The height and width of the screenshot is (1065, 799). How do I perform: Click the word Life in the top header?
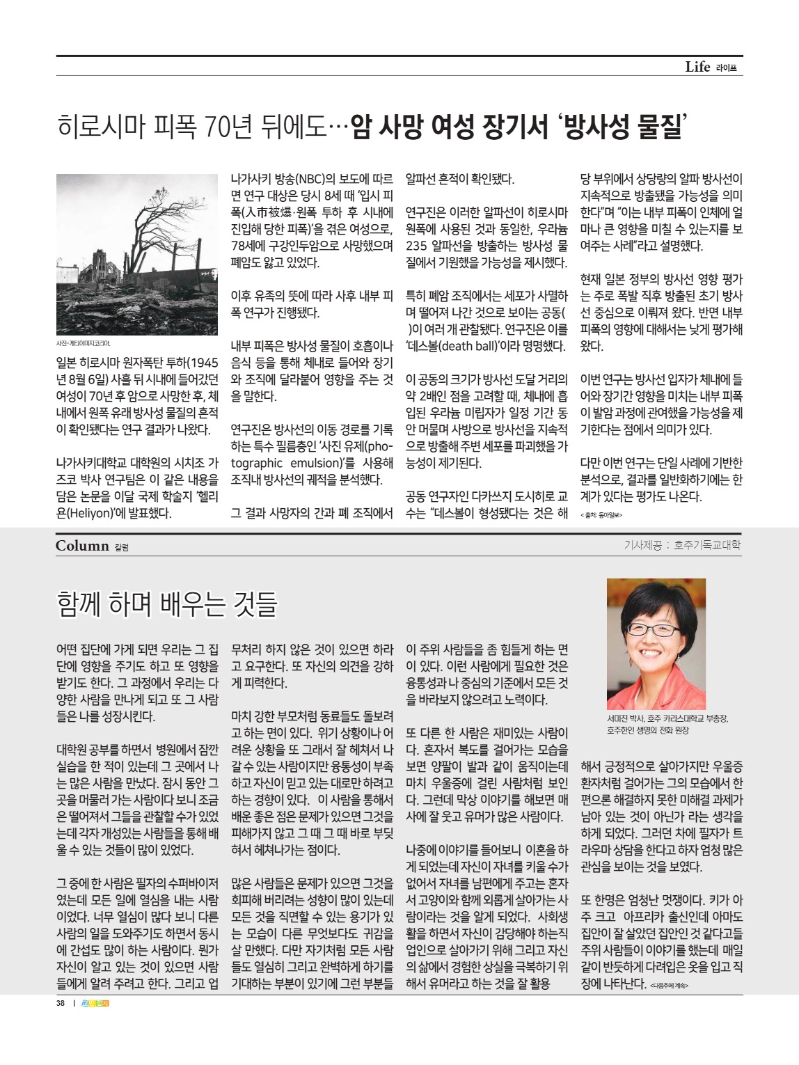click(697, 67)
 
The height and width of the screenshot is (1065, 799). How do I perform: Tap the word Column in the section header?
click(82, 546)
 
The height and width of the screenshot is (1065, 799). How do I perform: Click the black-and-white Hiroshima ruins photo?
click(137, 254)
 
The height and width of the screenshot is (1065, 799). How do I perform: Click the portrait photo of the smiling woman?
click(656, 643)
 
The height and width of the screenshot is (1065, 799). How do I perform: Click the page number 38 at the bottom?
click(61, 1003)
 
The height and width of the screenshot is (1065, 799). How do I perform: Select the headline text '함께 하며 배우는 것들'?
click(167, 603)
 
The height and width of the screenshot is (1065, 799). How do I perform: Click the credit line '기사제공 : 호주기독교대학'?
click(682, 545)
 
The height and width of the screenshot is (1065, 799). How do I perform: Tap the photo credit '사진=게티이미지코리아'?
click(83, 343)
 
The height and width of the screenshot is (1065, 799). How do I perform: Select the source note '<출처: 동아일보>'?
click(601, 514)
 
